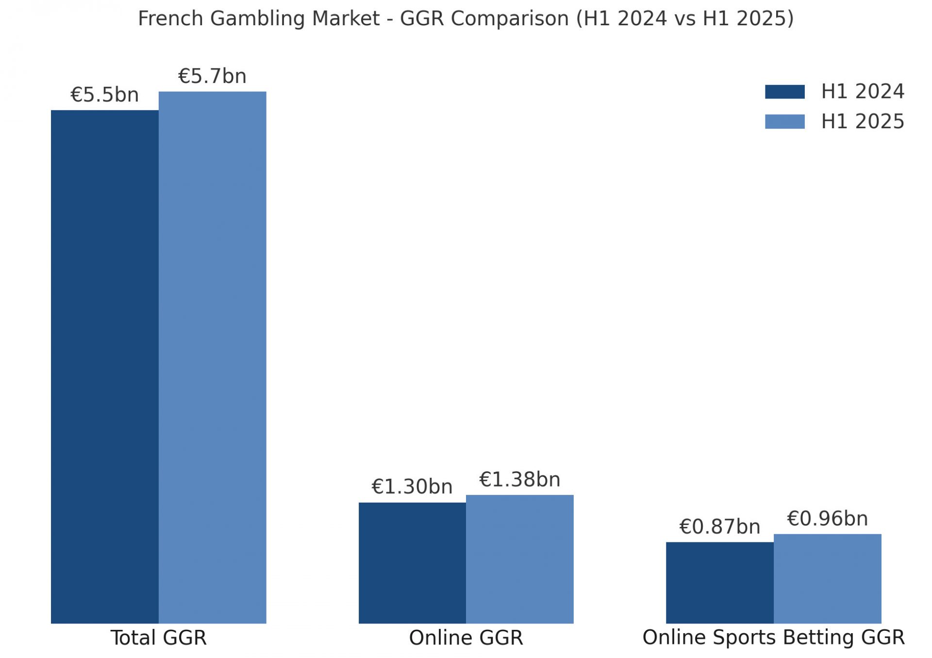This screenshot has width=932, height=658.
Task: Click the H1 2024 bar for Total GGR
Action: click(x=104, y=367)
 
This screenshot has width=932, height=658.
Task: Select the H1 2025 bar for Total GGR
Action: click(x=212, y=357)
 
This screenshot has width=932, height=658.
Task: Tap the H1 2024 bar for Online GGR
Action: click(x=412, y=563)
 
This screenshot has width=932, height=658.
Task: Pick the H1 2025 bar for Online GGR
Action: click(x=519, y=559)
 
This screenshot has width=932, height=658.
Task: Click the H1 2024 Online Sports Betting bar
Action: click(x=719, y=583)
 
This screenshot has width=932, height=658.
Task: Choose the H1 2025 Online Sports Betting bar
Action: click(x=827, y=578)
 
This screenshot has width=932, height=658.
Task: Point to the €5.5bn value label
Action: click(x=104, y=95)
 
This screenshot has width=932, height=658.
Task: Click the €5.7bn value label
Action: click(x=212, y=76)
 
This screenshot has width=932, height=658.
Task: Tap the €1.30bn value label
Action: click(x=412, y=487)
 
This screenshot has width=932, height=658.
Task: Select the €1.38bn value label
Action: click(x=519, y=479)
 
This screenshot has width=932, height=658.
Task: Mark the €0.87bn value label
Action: click(x=719, y=526)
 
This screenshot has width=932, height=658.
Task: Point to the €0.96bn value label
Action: click(x=827, y=519)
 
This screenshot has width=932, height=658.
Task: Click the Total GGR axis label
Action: click(x=158, y=638)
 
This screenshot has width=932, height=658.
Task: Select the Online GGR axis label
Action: click(x=466, y=638)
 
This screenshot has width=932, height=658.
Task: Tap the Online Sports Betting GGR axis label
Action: click(x=773, y=638)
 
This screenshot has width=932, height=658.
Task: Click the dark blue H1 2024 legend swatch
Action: click(x=784, y=92)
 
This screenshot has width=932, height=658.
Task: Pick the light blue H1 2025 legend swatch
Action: click(x=784, y=121)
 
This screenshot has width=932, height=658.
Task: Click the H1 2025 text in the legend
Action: click(x=863, y=121)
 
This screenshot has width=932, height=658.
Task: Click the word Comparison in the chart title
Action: click(x=509, y=18)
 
